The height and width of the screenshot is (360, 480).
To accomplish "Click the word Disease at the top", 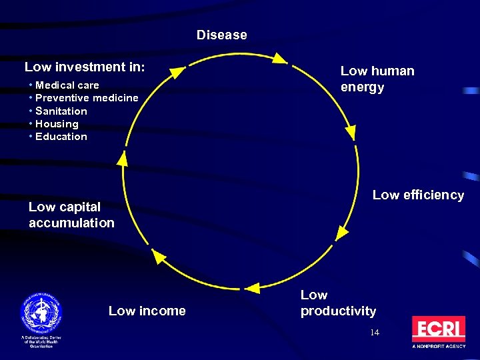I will coord(221,35).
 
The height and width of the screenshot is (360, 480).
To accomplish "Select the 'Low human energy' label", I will coord(377,79).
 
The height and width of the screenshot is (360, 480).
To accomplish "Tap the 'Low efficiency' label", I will coord(418,195).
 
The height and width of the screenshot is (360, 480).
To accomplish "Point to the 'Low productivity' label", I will coord(338,303).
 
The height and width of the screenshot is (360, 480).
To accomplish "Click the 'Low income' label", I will coord(147,311).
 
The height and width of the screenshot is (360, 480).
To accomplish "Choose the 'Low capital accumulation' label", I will coord(71,215).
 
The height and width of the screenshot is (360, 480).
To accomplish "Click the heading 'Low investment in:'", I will coord(85,67).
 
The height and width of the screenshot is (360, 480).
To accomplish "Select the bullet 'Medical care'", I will coord(67,85).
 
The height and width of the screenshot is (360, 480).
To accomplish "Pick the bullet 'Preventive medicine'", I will coord(87,98).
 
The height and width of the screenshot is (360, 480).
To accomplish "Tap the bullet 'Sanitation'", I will coord(61,111).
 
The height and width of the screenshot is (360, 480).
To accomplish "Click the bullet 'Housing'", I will coord(57,124).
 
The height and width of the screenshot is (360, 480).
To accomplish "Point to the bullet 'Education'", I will coord(61,137).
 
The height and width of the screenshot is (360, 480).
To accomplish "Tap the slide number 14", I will coord(375,332).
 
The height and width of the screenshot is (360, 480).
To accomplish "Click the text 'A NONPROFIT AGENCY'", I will coord(438,347).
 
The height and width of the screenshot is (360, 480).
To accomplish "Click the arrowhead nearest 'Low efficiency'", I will coord(342,232).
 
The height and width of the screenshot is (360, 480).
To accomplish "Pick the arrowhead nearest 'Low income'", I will coord(159,256).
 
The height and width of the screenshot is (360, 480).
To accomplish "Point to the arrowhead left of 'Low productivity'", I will coord(253,288).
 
